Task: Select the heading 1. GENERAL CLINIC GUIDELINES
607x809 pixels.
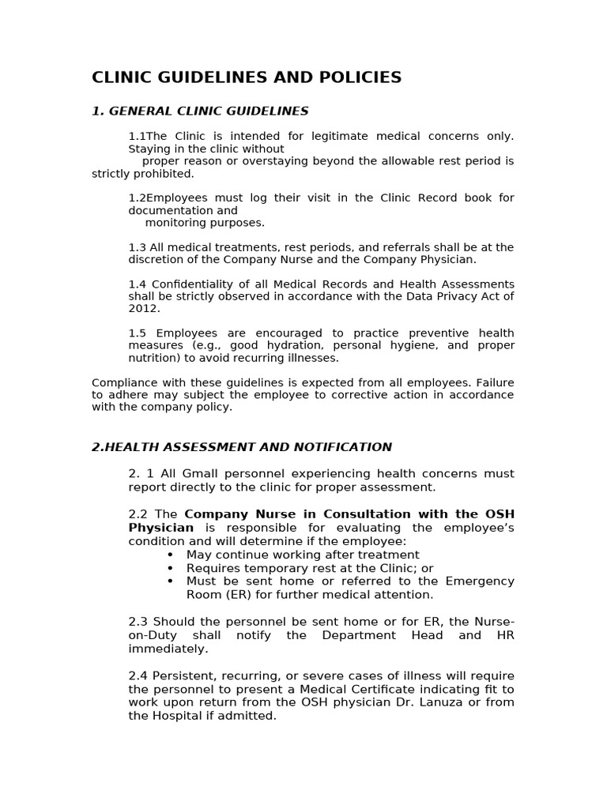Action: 200,111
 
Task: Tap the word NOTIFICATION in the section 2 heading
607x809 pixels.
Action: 345,447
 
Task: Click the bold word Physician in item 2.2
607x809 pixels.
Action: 161,527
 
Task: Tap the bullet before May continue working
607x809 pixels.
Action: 170,555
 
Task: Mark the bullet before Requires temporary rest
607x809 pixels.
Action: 170,568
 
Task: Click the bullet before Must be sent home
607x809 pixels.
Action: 170,581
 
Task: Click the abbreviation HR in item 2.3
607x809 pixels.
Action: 506,635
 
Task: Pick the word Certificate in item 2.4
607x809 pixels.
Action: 368,690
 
